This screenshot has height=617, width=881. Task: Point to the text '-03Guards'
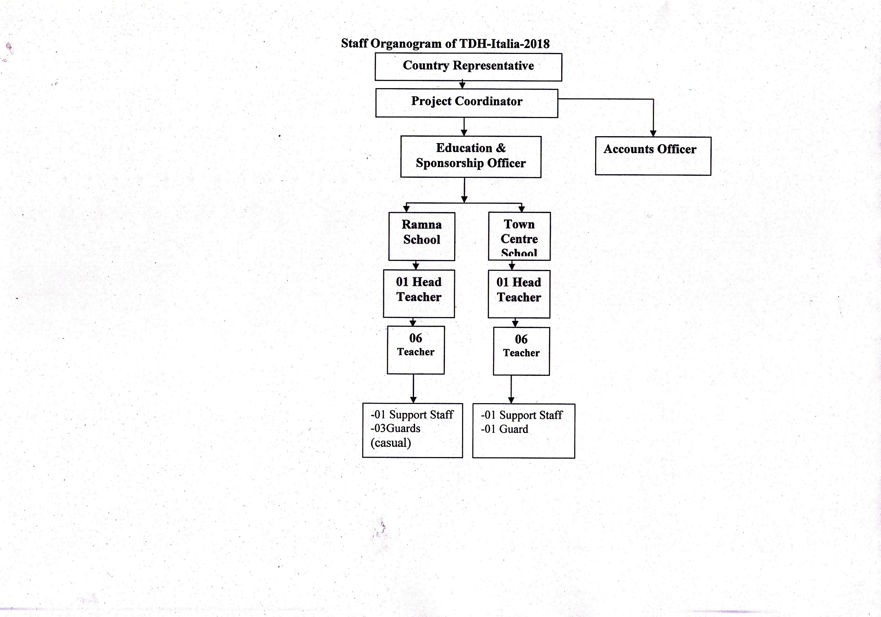[x=396, y=428]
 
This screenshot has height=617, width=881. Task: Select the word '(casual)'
[x=391, y=443]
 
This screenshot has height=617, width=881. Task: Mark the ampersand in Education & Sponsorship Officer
[x=501, y=148]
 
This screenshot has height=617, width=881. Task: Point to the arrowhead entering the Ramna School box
[x=406, y=209]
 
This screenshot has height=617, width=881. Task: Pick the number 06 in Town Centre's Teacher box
[x=521, y=339]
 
